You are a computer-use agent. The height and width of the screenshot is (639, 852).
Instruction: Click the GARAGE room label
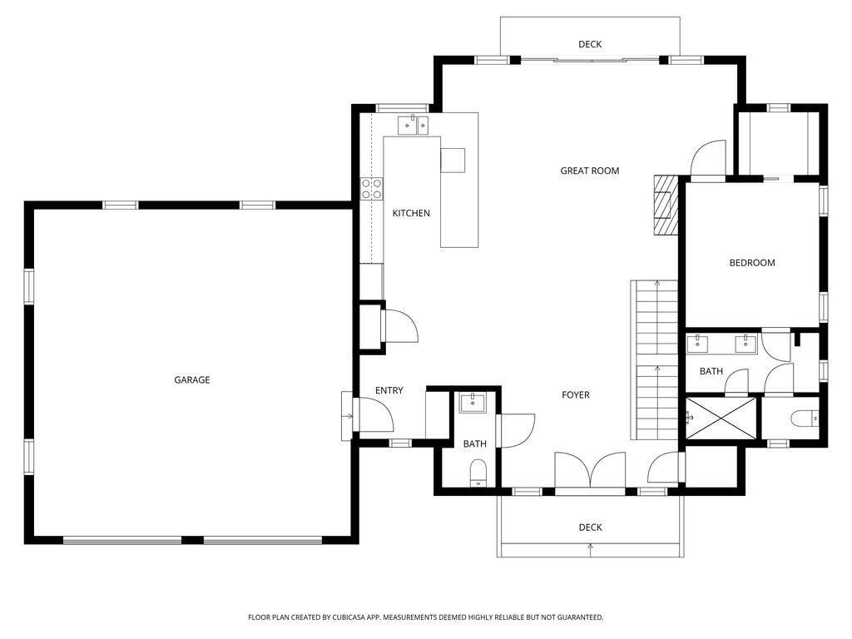click(192, 379)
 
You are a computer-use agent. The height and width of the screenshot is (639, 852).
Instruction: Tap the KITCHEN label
click(411, 213)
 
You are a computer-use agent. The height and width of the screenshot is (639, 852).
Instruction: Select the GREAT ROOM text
click(590, 171)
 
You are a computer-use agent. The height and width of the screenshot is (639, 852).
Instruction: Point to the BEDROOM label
click(752, 262)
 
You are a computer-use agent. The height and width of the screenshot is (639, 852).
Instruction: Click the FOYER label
click(576, 395)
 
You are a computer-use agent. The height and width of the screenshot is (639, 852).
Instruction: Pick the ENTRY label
click(389, 390)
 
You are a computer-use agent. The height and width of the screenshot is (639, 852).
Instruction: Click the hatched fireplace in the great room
click(666, 205)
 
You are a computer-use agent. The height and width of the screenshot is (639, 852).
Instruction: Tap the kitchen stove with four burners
click(372, 189)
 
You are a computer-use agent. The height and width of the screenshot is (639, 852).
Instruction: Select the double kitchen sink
click(413, 125)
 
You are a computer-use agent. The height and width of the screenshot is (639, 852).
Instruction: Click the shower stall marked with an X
click(721, 418)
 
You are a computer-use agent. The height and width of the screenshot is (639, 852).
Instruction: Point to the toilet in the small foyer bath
click(478, 473)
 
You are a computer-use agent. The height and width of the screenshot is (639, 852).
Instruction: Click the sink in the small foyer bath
click(473, 403)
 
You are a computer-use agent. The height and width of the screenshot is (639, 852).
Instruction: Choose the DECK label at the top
click(590, 44)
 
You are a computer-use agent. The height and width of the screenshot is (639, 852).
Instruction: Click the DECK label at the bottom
click(590, 527)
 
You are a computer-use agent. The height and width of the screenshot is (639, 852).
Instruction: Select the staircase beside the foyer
click(654, 359)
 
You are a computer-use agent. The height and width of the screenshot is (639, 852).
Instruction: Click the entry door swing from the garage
click(374, 415)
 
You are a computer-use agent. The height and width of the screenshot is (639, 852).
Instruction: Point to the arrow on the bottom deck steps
click(590, 549)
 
